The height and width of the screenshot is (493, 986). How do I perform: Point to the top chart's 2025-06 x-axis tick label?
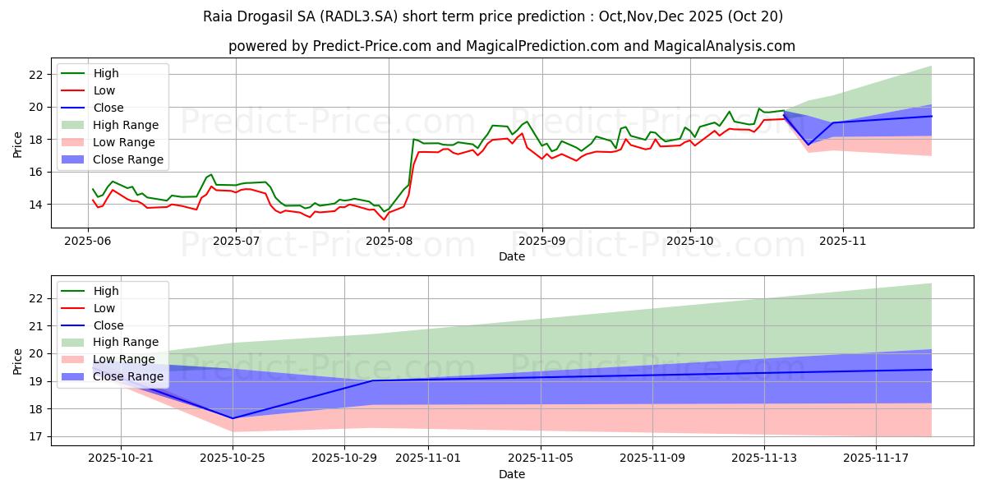[x=89, y=241]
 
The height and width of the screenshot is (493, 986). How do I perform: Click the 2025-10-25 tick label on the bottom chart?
[x=233, y=458]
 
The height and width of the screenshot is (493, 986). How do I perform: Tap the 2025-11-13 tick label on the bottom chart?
[x=764, y=458]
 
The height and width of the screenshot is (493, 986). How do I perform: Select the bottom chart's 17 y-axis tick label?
[x=38, y=436]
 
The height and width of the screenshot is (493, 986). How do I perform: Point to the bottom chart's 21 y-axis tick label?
[x=38, y=326]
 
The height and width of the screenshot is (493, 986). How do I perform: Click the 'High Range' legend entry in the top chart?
[x=126, y=125]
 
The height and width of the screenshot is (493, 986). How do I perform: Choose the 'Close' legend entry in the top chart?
[x=108, y=108]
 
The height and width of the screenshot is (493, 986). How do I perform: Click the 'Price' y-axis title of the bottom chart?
[x=17, y=361]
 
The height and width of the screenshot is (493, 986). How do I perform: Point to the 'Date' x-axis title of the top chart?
[x=511, y=256]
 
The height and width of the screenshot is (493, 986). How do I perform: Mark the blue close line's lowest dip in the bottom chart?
[x=233, y=418]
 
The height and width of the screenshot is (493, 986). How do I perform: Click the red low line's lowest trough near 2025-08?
[x=384, y=219]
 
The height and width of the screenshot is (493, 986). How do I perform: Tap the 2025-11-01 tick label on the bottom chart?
[x=428, y=458]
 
